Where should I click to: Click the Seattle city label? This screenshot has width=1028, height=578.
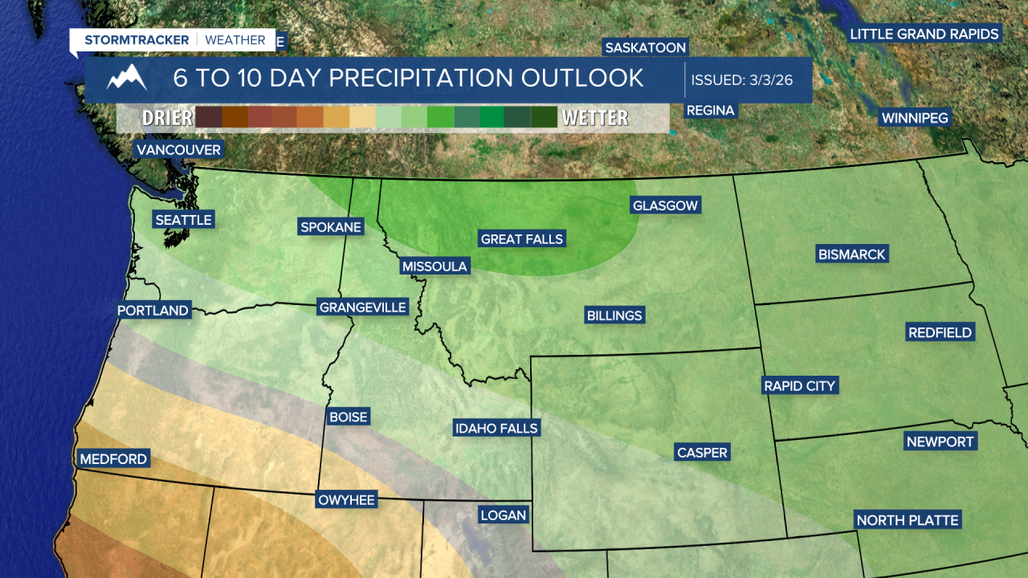point(183,220)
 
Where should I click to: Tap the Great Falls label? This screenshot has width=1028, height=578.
point(522,239)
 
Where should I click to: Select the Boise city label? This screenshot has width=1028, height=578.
point(349,417)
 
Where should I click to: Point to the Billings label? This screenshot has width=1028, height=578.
point(614,315)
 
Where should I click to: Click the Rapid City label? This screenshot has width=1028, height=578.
point(800,386)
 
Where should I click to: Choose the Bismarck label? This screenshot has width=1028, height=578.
point(851,254)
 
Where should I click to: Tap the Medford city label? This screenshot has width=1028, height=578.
point(113,459)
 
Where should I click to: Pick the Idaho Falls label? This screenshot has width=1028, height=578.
point(496,428)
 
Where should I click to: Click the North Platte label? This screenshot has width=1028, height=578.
point(908,520)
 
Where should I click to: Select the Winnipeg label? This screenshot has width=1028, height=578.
point(915,119)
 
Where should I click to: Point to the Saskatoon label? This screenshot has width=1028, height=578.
point(646,48)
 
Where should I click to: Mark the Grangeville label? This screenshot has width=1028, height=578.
point(363,307)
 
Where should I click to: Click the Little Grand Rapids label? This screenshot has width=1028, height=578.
point(924,34)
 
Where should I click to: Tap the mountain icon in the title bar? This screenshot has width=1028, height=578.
point(127,78)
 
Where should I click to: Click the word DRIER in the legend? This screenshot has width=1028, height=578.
point(167,119)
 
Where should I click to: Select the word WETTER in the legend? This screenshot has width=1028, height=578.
point(595,119)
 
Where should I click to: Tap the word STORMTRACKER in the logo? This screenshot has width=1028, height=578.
point(137,40)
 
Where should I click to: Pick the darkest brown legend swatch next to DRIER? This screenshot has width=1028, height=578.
point(209,118)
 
